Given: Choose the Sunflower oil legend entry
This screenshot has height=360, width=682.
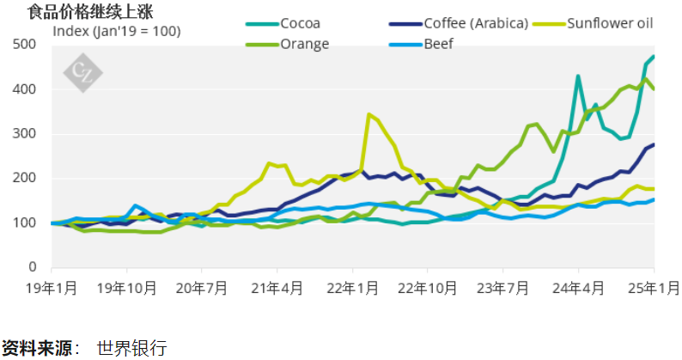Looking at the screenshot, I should pyautogui.click(x=611, y=23).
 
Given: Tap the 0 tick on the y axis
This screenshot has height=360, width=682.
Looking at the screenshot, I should pyautogui.click(x=44, y=267).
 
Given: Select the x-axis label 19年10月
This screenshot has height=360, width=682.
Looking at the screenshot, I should pyautogui.click(x=127, y=287).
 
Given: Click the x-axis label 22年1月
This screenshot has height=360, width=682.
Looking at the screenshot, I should pyautogui.click(x=353, y=287).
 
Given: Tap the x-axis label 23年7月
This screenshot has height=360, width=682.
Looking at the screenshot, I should pyautogui.click(x=503, y=287).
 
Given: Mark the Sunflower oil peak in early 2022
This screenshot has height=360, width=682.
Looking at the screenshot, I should pyautogui.click(x=369, y=113).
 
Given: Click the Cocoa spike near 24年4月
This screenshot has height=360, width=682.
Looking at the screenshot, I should pyautogui.click(x=578, y=76).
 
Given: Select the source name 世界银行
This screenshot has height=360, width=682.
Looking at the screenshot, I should pyautogui.click(x=131, y=348).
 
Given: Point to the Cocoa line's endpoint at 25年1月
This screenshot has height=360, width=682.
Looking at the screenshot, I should pyautogui.click(x=654, y=57).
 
